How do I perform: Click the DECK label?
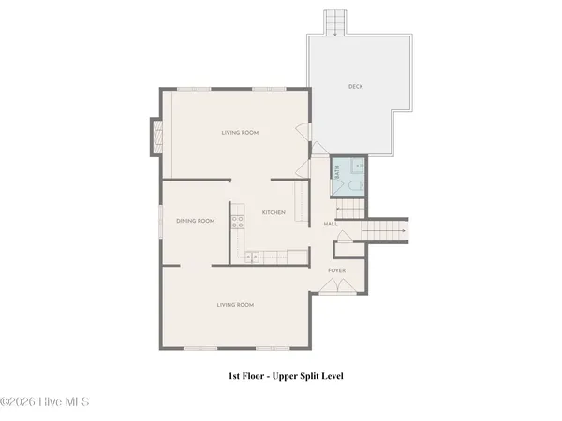pos(355,87)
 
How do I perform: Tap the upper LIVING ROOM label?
pos(240,133)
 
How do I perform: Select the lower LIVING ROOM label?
pos(235,304)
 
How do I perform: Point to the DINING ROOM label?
pos(196,221)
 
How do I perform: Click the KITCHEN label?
pos(274,212)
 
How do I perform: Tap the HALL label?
pos(331,225)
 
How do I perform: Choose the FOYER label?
pos(336,270)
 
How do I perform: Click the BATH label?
pos(337,171)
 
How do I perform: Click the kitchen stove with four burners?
pos(238,222)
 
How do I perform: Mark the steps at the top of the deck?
pos(333,21)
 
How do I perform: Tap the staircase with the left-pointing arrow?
pos(348,209)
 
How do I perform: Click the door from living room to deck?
pos(302,133)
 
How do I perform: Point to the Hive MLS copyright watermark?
pos(45,403)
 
